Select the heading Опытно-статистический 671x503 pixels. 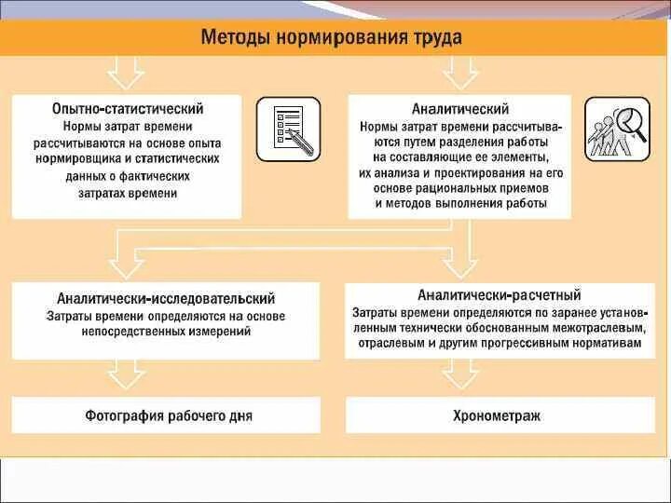[128, 109]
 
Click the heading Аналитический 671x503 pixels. [460, 109]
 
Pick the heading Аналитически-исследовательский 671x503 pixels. [166, 299]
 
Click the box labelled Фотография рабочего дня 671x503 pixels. [168, 415]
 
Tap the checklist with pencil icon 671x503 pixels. [288, 129]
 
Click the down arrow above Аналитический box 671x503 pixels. [459, 72]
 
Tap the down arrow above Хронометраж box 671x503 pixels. [459, 374]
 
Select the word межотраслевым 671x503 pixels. [595, 328]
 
